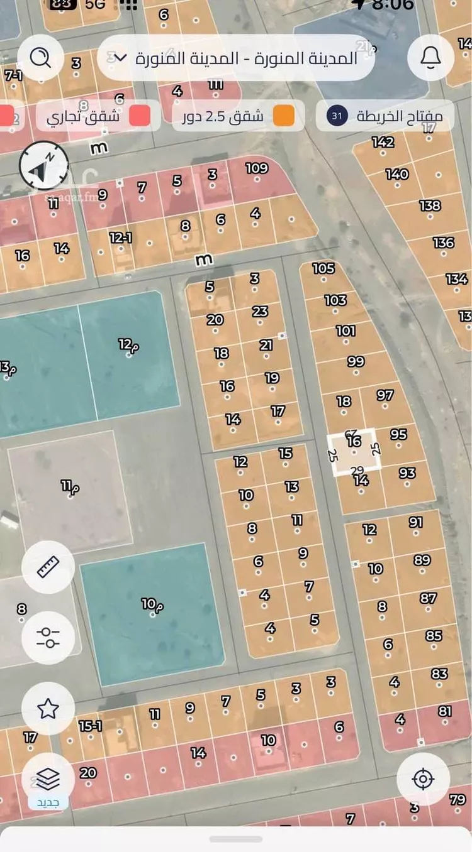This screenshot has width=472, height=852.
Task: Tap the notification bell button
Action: (x=431, y=58)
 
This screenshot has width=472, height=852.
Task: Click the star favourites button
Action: (x=48, y=709)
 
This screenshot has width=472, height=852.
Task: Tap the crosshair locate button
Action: (x=423, y=779)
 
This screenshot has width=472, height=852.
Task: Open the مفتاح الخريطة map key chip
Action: (x=385, y=116)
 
